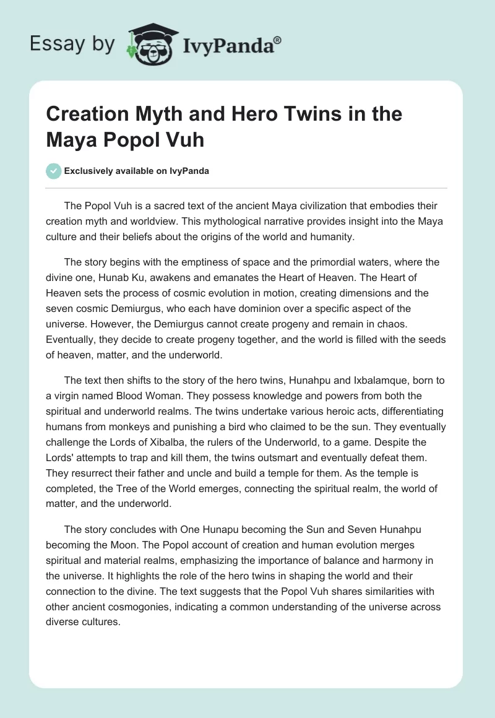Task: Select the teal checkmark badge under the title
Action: pos(54,171)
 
